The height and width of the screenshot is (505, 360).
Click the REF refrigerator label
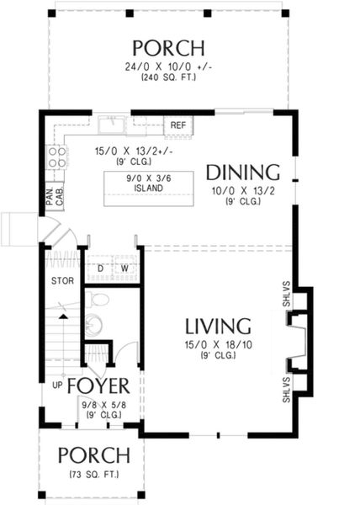178,125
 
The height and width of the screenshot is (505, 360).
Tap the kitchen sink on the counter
112,125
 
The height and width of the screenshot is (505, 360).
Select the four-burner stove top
57,157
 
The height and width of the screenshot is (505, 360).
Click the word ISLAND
148,188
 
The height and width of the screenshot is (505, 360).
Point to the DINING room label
243,173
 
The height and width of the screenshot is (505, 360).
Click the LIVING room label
218,327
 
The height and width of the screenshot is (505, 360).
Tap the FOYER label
98,385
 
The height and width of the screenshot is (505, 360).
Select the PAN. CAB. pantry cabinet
55,197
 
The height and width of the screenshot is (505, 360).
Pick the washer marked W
126,268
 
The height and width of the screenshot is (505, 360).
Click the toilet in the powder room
98,299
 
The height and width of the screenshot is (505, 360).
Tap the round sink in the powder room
93,324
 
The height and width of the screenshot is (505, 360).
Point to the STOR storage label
62,281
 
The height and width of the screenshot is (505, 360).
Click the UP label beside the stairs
57,385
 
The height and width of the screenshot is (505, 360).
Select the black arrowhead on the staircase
64,317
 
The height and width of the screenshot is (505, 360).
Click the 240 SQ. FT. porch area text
168,77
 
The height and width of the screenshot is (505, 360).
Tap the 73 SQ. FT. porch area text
93,475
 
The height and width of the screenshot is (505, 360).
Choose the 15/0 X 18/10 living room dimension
219,345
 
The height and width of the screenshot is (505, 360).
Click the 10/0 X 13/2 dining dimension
243,191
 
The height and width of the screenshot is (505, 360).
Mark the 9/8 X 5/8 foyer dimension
104,405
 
